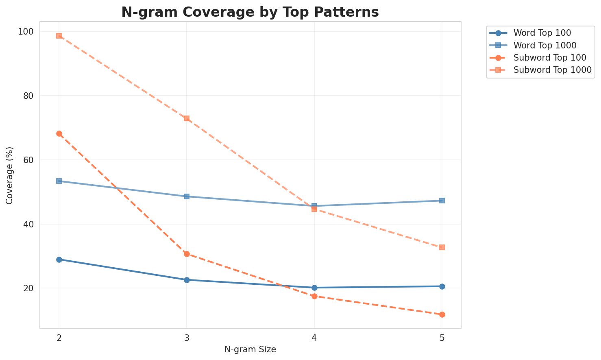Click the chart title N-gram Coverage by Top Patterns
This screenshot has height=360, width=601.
click(250, 12)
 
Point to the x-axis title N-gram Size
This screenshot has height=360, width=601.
click(250, 349)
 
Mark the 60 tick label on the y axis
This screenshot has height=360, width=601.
click(30, 160)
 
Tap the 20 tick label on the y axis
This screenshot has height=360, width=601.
click(30, 288)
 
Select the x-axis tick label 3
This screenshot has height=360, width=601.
click(187, 337)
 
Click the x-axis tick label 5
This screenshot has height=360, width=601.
click(442, 337)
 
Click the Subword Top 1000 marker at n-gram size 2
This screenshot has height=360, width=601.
click(59, 36)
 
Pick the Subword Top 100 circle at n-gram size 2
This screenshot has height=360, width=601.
click(59, 133)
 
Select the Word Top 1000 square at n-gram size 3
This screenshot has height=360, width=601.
click(187, 196)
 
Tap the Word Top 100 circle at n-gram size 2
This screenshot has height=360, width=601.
click(59, 260)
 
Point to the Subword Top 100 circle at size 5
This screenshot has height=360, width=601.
click(442, 314)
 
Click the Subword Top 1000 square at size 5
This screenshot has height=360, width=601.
click(442, 247)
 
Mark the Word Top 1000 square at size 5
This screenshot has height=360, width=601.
click(442, 201)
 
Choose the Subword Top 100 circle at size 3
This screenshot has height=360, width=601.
click(187, 254)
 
